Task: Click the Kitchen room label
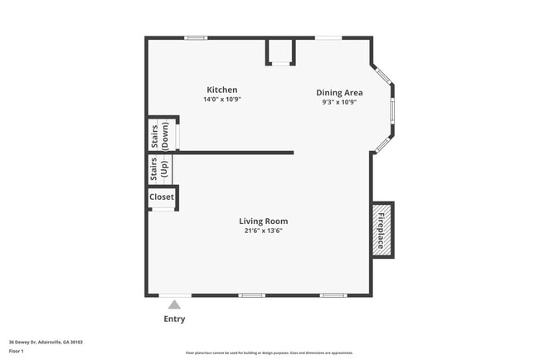point(222,90)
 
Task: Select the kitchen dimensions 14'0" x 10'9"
point(222,100)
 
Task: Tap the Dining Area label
point(339,93)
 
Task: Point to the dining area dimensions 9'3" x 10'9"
point(339,103)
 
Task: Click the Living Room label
point(264,221)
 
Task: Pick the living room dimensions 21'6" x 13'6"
point(264,231)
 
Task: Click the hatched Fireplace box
point(382,230)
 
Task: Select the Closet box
point(162,197)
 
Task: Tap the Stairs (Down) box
point(163,134)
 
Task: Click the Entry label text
point(174,319)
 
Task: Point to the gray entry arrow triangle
point(174,304)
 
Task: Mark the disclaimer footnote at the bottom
point(269,353)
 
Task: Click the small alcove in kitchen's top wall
point(281,51)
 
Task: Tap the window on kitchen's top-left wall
point(196,37)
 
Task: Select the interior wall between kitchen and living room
point(232,153)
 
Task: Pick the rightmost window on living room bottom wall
point(333,295)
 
